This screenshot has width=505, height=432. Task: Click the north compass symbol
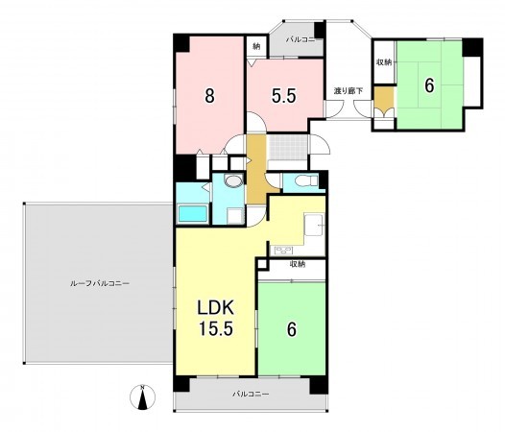click(x=142, y=397)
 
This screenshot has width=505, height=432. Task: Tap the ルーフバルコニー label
click(x=100, y=283)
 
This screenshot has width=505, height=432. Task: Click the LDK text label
click(x=215, y=308)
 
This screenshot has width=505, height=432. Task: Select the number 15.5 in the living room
click(x=215, y=328)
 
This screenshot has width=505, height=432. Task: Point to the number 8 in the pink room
click(x=209, y=96)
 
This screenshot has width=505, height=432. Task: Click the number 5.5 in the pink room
click(x=284, y=96)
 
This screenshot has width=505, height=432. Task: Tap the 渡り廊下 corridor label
click(x=349, y=91)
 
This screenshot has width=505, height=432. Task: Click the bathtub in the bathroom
click(x=193, y=214)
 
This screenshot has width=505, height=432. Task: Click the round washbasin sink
click(x=234, y=180)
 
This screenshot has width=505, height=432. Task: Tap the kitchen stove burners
click(x=283, y=250)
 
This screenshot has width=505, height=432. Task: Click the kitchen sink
click(x=314, y=225)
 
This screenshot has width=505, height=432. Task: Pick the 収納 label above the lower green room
click(x=298, y=265)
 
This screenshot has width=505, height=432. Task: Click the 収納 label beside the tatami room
click(x=384, y=62)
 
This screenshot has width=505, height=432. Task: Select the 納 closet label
click(x=256, y=47)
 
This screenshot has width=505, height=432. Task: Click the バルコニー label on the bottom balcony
click(x=251, y=394)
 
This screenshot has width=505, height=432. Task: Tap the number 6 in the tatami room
click(x=429, y=85)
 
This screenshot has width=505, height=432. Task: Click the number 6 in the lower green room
click(x=292, y=329)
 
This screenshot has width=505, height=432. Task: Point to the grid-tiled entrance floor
click(x=288, y=147)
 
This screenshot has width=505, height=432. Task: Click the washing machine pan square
click(x=235, y=216)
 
